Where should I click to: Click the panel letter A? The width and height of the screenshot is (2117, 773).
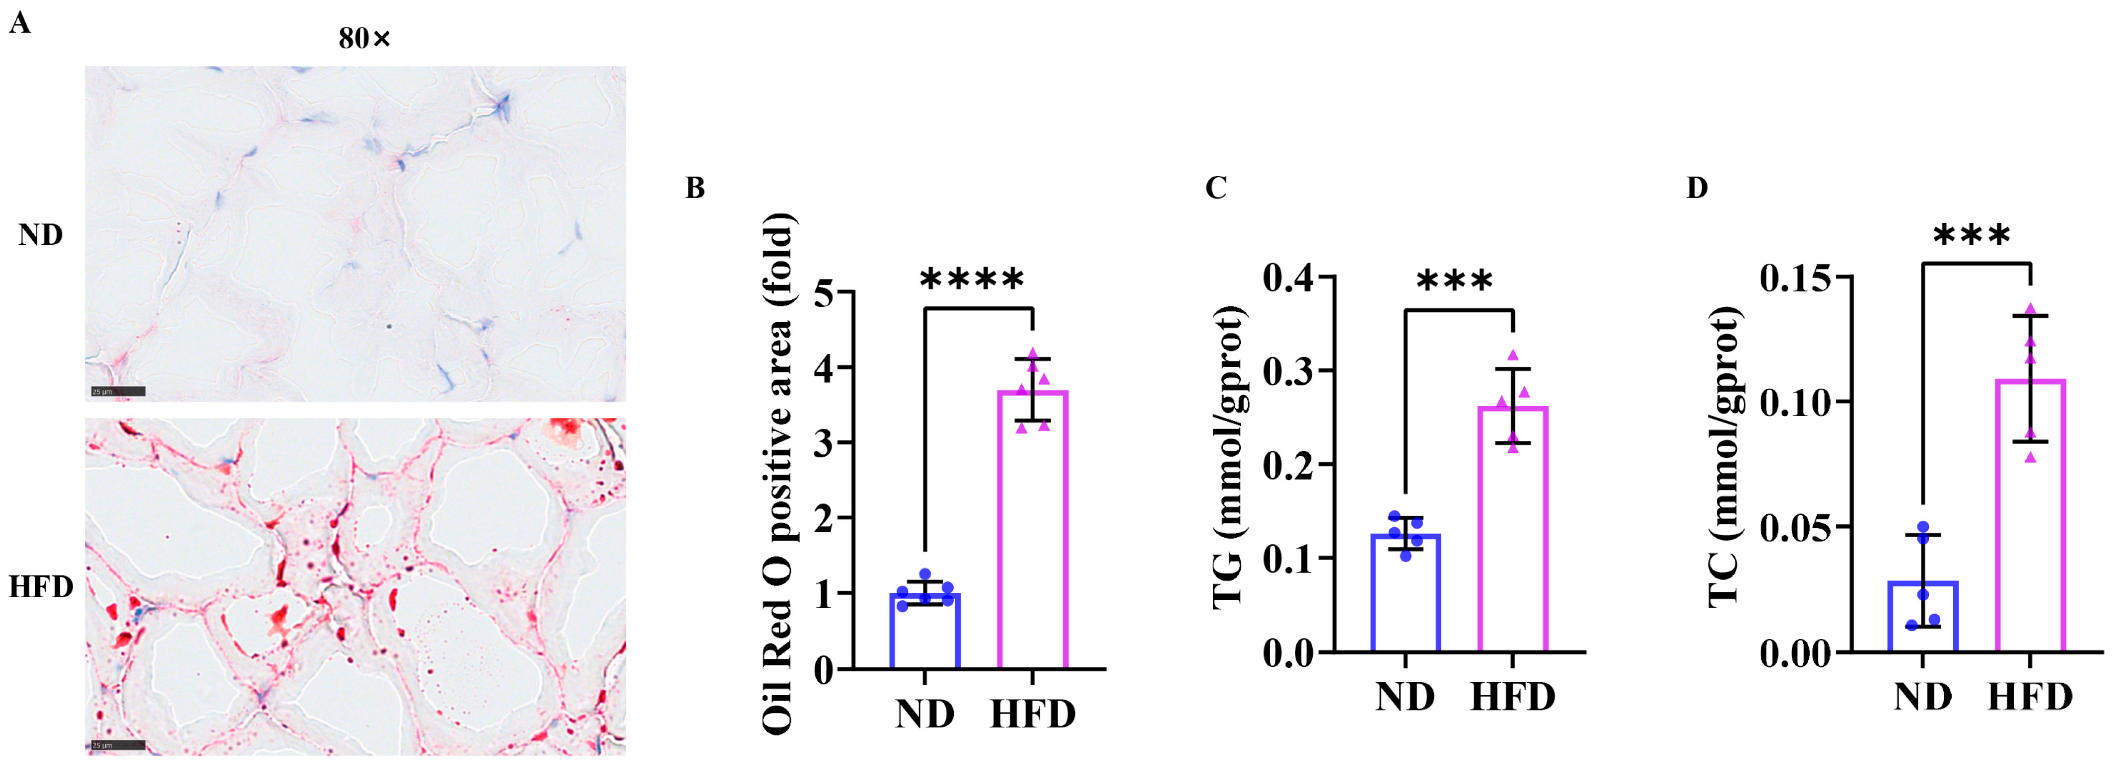pos(20,24)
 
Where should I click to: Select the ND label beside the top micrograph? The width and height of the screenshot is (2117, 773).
pos(40,236)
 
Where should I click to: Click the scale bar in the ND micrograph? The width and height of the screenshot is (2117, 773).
pos(118,392)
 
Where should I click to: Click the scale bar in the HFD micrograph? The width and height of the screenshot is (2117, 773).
pos(118,745)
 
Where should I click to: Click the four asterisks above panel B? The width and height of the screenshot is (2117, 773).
pos(972,280)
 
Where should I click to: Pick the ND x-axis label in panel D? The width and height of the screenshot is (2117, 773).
pos(1923,697)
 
